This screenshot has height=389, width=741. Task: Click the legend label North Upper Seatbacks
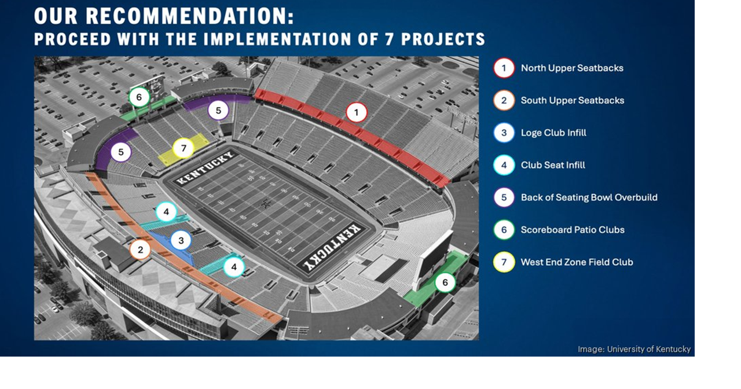(x=571, y=68)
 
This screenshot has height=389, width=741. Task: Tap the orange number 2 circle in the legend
(x=504, y=100)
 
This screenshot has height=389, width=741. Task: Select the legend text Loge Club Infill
(x=553, y=133)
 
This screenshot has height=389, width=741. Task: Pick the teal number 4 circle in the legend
(x=504, y=165)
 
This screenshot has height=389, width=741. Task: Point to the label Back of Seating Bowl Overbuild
(x=589, y=197)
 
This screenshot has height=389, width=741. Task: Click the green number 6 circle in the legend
(x=504, y=230)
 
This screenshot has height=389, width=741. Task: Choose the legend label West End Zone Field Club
(x=577, y=262)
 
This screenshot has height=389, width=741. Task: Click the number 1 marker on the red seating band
(x=357, y=112)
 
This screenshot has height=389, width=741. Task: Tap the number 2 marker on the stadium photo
(x=140, y=249)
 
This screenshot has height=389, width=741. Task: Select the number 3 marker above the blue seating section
(x=181, y=240)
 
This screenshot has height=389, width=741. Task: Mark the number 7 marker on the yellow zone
(x=184, y=148)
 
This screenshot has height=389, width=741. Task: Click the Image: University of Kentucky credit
(x=634, y=349)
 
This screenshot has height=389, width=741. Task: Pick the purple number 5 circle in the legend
(x=504, y=197)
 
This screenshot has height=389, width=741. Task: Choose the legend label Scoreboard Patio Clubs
(x=572, y=230)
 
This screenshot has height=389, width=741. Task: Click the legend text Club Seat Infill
(x=552, y=165)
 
